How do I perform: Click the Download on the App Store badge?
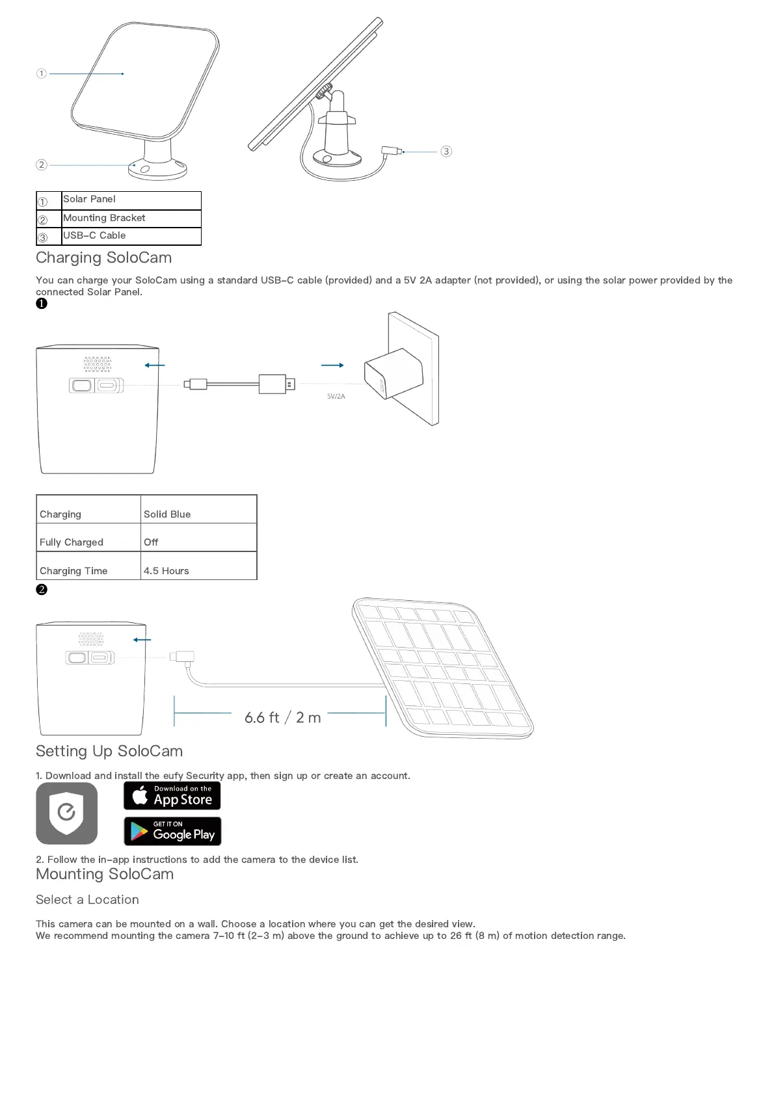pos(172,795)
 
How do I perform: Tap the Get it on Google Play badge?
pos(172,831)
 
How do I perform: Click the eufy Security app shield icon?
pos(67,813)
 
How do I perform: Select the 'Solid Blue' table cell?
pos(167,514)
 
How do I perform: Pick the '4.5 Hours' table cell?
pos(167,570)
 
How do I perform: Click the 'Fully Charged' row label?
pos(72,542)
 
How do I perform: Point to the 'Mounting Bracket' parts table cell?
pos(104,218)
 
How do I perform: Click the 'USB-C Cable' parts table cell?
pos(95,235)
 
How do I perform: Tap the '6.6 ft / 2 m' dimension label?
pos(282,717)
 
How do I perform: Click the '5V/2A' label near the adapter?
pos(336,396)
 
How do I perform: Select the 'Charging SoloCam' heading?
pos(104,257)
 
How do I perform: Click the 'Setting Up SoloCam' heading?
pos(109,751)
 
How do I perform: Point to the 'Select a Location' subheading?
pos(87,899)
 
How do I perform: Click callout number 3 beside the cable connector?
pos(446,152)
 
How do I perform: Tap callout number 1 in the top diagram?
pos(42,73)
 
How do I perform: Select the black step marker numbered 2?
pos(42,589)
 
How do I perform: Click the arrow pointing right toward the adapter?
pos(332,365)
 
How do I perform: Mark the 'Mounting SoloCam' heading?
pos(105,874)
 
